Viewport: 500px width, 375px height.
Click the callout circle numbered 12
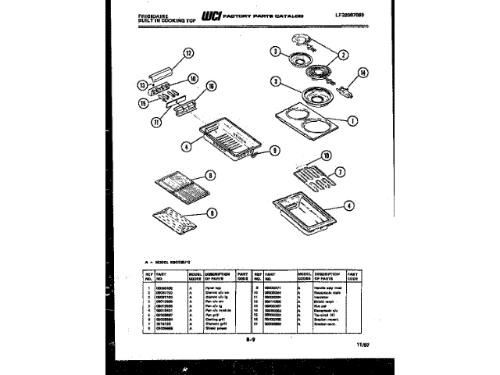click(187, 54)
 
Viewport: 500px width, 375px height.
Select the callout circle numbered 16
click(210, 87)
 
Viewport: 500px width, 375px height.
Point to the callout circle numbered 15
click(144, 102)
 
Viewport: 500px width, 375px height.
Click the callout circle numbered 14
click(362, 73)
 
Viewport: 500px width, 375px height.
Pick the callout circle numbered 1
click(352, 121)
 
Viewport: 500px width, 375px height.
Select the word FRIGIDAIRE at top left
click(143, 13)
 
